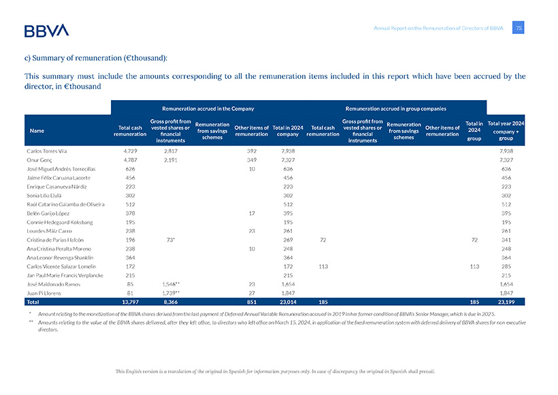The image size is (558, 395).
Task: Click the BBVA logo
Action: click(x=46, y=30)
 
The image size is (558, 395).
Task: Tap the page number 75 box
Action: click(x=519, y=28)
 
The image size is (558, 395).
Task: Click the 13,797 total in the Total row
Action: click(x=130, y=301)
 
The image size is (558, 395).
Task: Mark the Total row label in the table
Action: click(x=33, y=301)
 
